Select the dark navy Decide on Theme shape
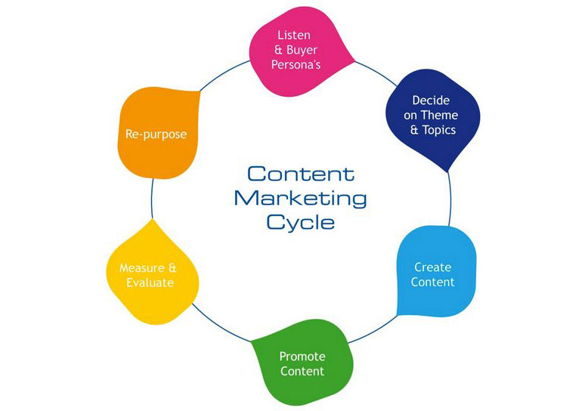(x=433, y=118)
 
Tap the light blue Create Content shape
(x=436, y=271)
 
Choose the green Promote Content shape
(x=302, y=362)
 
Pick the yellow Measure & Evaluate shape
(x=152, y=273)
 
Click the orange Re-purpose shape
(x=157, y=132)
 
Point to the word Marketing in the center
(x=300, y=198)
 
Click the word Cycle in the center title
(x=300, y=222)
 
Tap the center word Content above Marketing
(x=301, y=174)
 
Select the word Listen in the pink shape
(x=294, y=36)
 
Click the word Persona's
(x=296, y=64)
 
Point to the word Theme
(x=439, y=115)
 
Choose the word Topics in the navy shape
(x=439, y=130)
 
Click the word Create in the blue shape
(x=433, y=267)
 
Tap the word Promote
(x=302, y=357)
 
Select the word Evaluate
(x=150, y=283)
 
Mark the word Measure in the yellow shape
(x=142, y=267)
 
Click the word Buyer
(x=302, y=50)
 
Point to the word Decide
(x=431, y=100)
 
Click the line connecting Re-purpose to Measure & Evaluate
(x=152, y=199)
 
